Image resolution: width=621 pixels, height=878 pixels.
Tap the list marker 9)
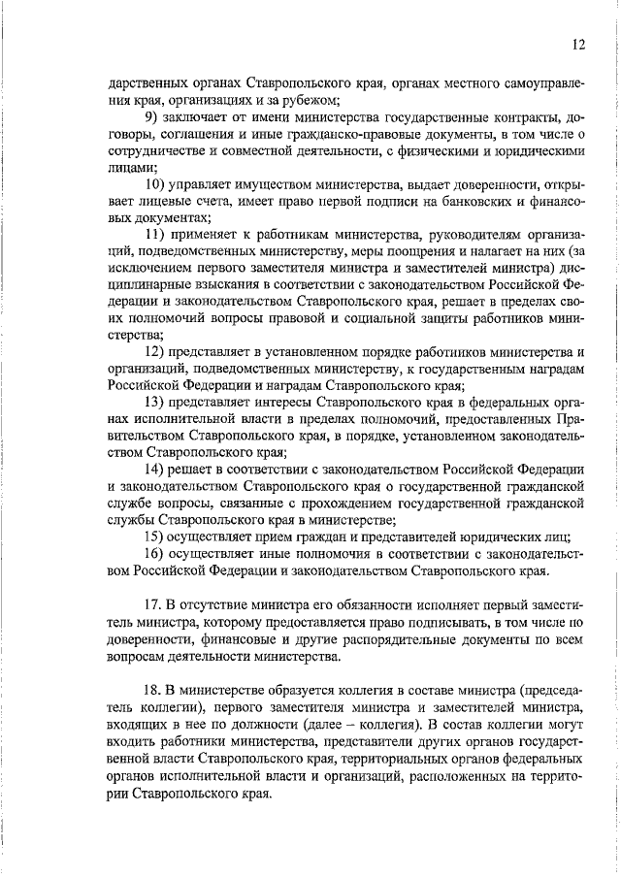coord(152,116)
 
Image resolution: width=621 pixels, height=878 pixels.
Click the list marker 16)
coord(155,554)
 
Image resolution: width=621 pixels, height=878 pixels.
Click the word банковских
coord(459,202)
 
